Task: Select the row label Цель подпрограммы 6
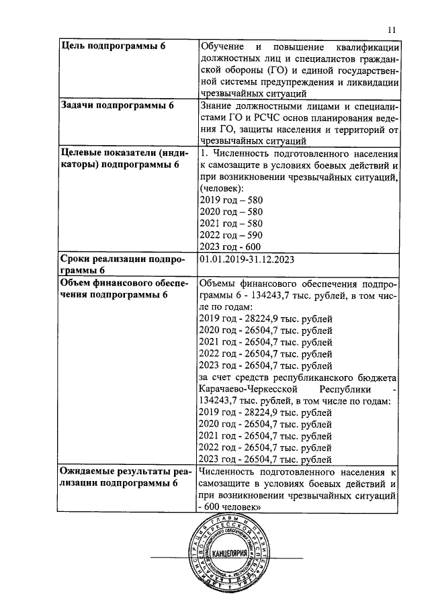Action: (114, 46)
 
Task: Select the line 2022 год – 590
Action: (231, 234)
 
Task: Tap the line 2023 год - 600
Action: (231, 247)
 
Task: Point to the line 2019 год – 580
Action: (231, 200)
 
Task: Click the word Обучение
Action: (224, 46)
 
